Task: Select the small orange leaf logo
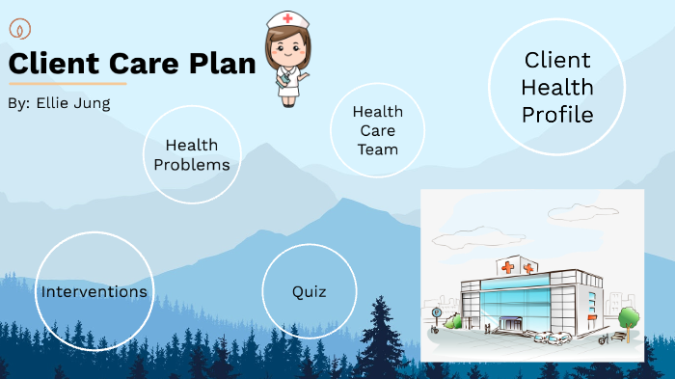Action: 18,28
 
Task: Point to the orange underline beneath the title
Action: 67,84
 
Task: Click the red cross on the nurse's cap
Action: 287,18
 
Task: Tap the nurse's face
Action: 286,43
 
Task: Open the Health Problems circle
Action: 192,154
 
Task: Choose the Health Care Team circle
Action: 377,130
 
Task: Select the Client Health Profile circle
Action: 557,88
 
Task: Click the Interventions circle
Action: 94,291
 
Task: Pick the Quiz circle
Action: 310,291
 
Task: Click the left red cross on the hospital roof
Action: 508,267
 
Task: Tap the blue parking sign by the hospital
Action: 437,313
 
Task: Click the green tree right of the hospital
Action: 629,317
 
